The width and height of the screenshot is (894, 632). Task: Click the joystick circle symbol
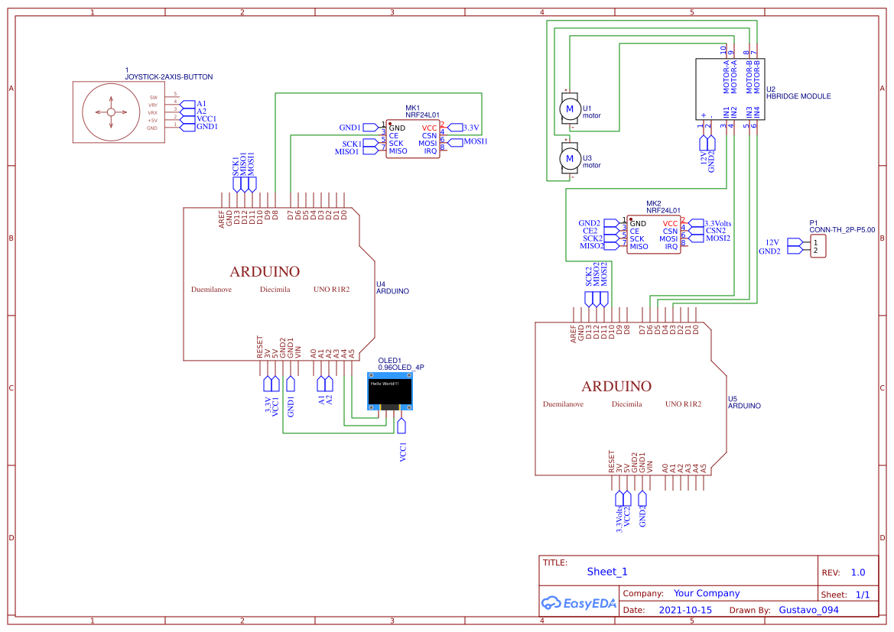(111, 112)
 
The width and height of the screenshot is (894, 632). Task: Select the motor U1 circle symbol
(569, 110)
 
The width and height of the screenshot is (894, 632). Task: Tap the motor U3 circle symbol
(569, 159)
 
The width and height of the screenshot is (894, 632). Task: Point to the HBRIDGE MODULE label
(798, 97)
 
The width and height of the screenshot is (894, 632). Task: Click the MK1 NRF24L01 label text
(422, 114)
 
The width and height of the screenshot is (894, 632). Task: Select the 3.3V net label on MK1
(471, 128)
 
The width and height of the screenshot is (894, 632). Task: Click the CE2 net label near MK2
(590, 231)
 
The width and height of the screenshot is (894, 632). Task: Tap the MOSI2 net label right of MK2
(718, 238)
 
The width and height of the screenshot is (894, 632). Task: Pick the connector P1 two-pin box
(817, 246)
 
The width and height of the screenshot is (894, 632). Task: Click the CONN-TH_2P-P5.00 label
(841, 229)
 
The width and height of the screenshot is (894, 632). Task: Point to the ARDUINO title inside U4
(265, 271)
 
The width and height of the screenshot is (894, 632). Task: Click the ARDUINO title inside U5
(616, 386)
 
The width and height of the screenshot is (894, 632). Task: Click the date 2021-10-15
(684, 610)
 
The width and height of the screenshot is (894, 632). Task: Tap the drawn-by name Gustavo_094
(808, 610)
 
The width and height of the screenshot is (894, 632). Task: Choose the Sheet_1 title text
(606, 572)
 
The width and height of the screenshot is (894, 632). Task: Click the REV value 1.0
(857, 572)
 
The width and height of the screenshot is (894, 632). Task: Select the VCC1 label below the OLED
(403, 451)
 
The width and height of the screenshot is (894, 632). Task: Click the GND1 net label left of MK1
(349, 128)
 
